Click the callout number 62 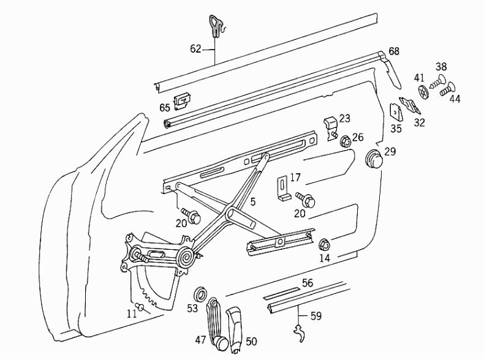point(195,49)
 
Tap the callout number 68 point(394,51)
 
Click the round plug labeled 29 point(374,159)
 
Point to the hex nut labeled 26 point(346,141)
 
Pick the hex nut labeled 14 point(323,245)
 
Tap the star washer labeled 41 point(423,91)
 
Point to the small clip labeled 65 point(183,102)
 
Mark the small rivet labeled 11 point(141,306)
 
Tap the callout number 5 point(253,202)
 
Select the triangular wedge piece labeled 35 point(396,113)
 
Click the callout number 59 point(316,316)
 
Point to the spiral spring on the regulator point(187,257)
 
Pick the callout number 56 point(308,283)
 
